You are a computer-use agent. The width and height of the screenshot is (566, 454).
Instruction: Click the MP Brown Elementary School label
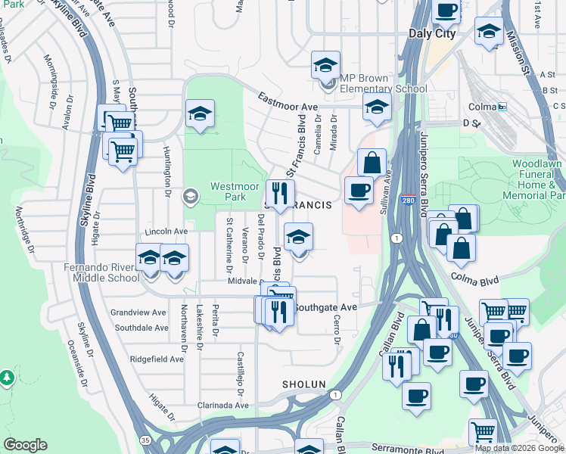(x=384, y=83)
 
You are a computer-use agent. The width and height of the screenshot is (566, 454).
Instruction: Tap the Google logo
(x=25, y=445)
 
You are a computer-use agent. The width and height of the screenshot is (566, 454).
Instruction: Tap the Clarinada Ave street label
(x=222, y=406)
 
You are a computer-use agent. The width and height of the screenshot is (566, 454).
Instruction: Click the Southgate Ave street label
(x=325, y=307)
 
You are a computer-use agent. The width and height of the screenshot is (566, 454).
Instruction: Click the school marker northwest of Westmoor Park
(x=200, y=113)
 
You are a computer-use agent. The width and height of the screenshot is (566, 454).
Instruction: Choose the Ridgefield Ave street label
(x=157, y=359)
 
